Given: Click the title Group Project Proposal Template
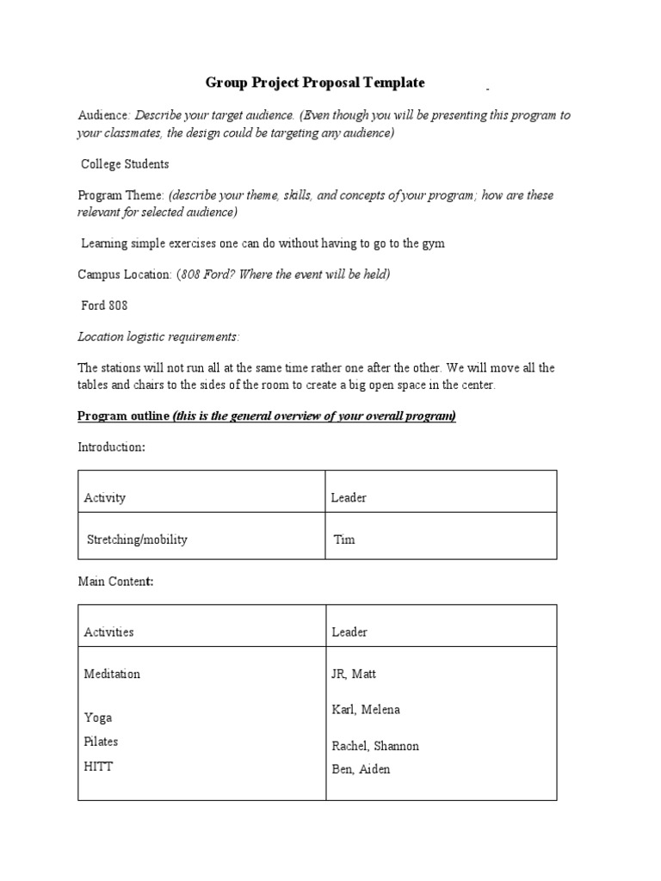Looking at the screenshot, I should coord(314,83).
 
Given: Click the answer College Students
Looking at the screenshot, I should coord(125,163).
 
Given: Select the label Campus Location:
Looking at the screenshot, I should coord(125,274).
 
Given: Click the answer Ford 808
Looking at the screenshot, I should coord(106,305).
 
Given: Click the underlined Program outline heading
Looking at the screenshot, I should coord(267,416).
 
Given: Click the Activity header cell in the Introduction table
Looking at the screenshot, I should coord(104,497).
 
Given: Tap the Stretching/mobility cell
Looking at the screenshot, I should coord(137,539).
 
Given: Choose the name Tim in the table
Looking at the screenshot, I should coord(343,539).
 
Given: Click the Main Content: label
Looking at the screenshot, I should coord(115,582).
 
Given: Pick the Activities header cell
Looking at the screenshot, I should coord(108,631).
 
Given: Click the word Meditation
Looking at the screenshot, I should coord(112,674).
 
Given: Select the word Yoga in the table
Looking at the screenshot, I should coord(98,718).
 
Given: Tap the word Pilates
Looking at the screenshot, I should coord(102,742).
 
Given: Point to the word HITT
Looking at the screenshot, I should coord(98,767).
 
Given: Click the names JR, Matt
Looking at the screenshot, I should coord(354,674).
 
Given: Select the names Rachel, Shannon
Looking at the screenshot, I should coord(375,746).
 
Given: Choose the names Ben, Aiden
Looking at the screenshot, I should coord(361,769).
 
